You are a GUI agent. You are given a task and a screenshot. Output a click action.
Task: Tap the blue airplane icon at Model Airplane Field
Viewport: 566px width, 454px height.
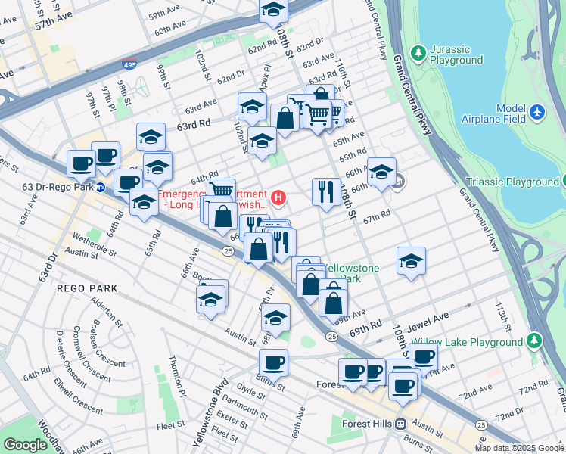(x=538, y=112)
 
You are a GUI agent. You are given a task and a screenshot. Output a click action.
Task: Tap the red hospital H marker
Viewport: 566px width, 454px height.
(x=279, y=199)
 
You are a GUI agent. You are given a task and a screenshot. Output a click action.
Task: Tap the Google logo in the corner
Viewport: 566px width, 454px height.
(x=25, y=445)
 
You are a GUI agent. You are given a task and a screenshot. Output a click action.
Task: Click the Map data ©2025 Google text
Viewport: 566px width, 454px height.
(x=519, y=448)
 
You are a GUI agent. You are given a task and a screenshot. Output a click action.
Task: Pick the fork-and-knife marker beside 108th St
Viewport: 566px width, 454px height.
(x=326, y=192)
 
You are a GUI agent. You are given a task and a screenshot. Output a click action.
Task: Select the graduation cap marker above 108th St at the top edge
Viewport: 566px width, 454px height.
(x=273, y=9)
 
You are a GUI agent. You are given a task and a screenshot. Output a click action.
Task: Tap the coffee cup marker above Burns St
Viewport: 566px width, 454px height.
(x=273, y=362)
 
